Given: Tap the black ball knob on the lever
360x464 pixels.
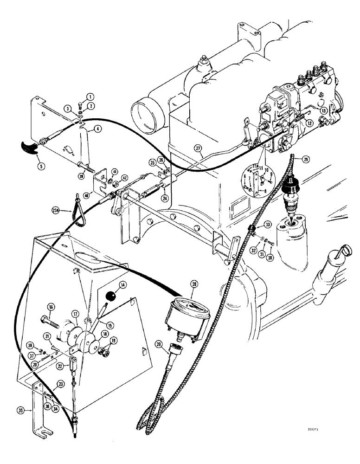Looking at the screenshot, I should (x=110, y=296).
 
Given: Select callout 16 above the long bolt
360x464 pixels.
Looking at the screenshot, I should (x=51, y=307).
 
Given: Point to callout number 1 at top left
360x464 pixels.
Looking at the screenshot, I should (x=90, y=97).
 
